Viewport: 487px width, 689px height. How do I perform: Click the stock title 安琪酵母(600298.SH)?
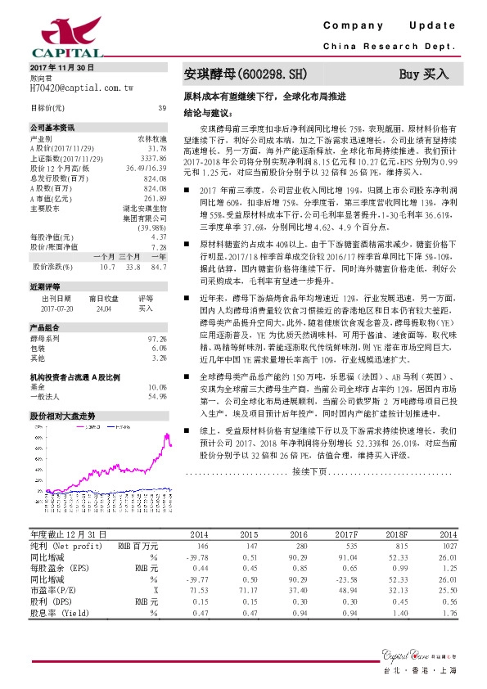(246, 74)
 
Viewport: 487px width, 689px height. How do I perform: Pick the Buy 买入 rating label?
(425, 74)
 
